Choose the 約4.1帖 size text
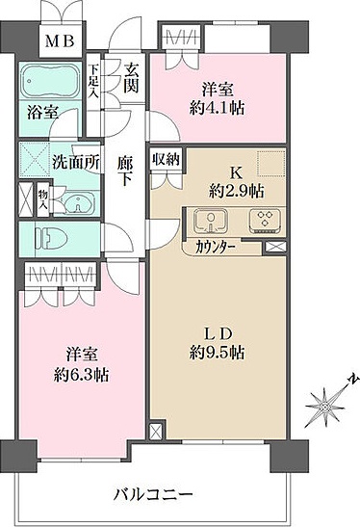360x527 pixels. click(x=218, y=107)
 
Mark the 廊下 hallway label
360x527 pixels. click(x=124, y=171)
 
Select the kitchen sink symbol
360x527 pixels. click(x=212, y=221)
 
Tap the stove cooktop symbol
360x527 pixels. click(x=264, y=221)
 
